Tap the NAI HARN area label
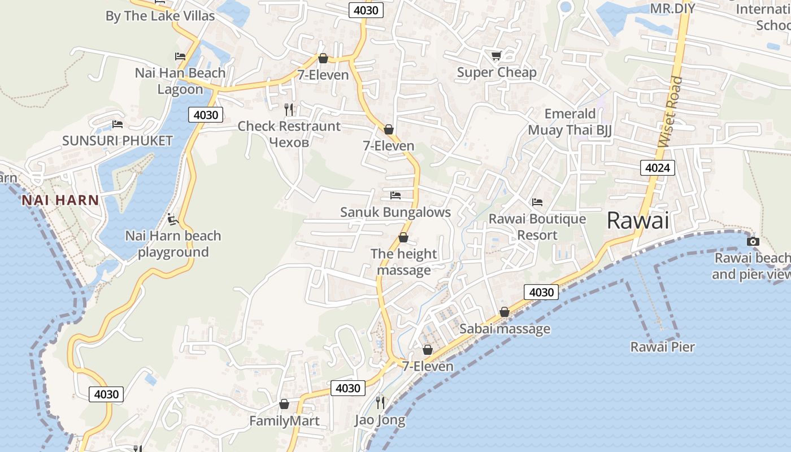(x=60, y=200)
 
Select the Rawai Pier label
(x=662, y=347)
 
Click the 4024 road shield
(x=658, y=168)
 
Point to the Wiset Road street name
(x=671, y=112)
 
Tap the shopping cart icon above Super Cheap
(x=496, y=55)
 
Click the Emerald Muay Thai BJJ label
(x=570, y=122)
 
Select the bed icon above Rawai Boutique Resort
(x=537, y=202)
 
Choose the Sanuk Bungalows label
(x=395, y=212)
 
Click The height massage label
(x=403, y=262)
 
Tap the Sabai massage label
(x=505, y=329)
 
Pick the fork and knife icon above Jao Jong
(x=380, y=402)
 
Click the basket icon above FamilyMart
(x=284, y=404)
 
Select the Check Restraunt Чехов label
(x=289, y=134)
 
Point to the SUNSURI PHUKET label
(x=118, y=141)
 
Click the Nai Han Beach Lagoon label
(x=180, y=81)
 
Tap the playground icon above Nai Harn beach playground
(x=173, y=219)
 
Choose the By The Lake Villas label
(x=160, y=16)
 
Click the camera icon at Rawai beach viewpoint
(x=753, y=242)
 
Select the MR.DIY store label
(x=672, y=8)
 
